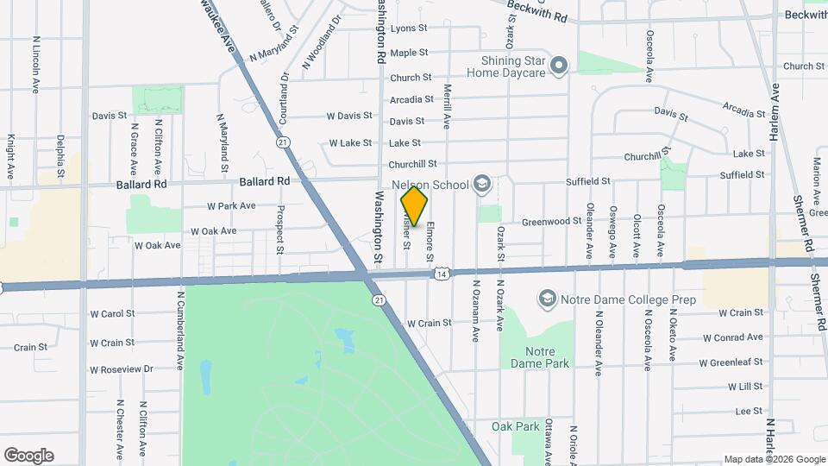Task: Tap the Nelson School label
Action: [429, 185]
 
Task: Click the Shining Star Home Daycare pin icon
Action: [559, 64]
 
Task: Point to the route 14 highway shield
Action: [442, 274]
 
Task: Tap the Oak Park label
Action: [515, 426]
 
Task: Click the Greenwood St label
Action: [551, 222]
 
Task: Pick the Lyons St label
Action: [403, 28]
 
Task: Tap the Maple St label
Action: [403, 54]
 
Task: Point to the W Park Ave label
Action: [231, 206]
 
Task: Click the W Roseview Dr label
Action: [121, 369]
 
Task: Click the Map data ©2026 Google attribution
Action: [774, 459]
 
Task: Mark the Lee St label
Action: [750, 412]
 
